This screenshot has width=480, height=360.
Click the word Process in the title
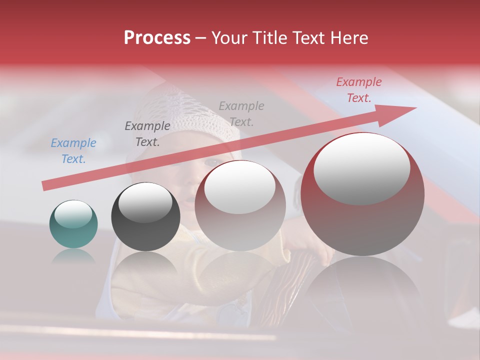[x=157, y=38]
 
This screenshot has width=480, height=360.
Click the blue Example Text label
[x=73, y=150]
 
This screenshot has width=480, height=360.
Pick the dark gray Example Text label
[x=147, y=133]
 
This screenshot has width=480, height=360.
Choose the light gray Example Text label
[x=241, y=113]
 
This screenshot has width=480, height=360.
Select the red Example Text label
[x=358, y=90]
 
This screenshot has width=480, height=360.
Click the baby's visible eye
[x=212, y=161]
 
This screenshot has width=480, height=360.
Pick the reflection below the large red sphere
[x=362, y=285]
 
